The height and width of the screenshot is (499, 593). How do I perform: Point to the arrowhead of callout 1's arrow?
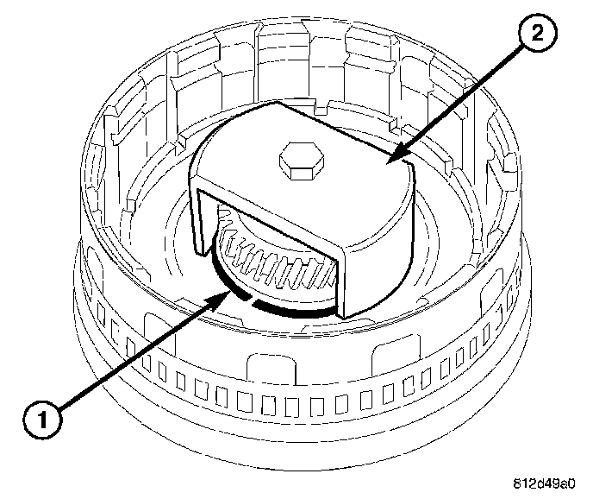pos(229,294)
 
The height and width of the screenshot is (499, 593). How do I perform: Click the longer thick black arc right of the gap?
pos(293,309)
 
